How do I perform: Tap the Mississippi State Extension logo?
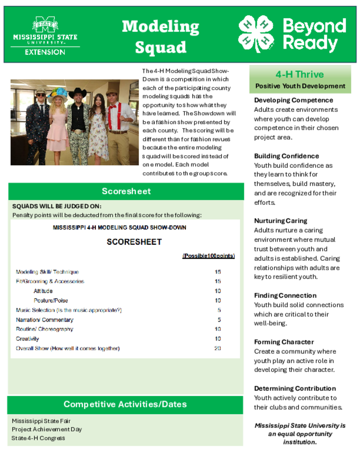[45, 36]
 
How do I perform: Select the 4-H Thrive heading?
[299, 74]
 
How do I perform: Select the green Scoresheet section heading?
[126, 191]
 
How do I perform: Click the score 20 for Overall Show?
[218, 349]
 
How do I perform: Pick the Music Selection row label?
[69, 310]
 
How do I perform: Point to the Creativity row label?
[27, 339]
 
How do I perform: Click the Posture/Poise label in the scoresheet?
[51, 300]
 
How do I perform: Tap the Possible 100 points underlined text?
[208, 256]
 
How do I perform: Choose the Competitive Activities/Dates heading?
[125, 404]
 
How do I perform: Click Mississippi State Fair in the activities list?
[41, 421]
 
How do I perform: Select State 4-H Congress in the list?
[38, 438]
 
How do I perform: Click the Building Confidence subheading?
[286, 156]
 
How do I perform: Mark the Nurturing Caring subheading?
[280, 221]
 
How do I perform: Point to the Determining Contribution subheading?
[295, 388]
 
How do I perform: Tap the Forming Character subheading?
[284, 342]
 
